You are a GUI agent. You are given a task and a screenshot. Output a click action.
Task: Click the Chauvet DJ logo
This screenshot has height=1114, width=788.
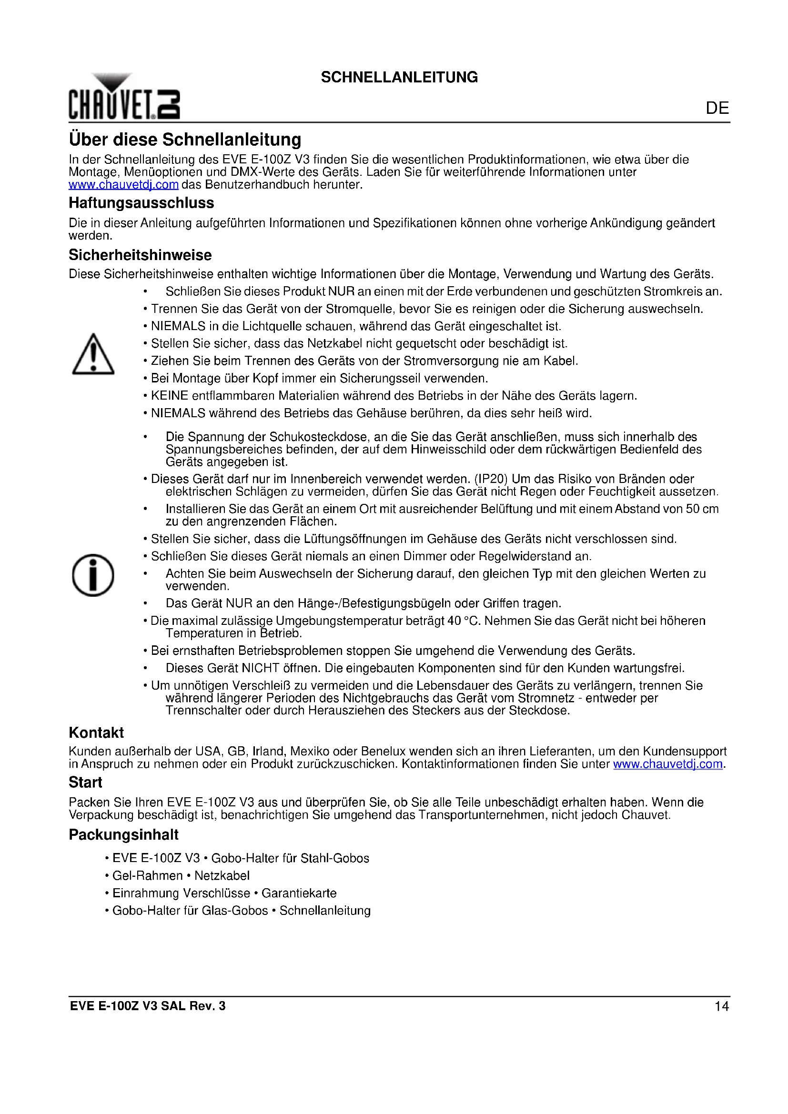click(124, 97)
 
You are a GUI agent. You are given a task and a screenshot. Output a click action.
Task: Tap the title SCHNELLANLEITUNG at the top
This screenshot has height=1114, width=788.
click(399, 77)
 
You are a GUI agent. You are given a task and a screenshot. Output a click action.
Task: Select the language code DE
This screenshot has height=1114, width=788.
click(717, 108)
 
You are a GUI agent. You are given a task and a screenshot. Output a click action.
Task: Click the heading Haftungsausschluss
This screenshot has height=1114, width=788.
click(141, 203)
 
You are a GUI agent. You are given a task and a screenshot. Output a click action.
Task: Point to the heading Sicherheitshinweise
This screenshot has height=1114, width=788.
click(140, 255)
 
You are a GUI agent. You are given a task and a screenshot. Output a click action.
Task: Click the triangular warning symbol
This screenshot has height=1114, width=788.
click(93, 355)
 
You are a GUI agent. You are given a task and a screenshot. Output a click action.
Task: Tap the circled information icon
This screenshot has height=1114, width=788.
click(93, 575)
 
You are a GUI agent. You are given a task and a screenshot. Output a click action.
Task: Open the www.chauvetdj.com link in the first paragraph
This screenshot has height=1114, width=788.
click(123, 185)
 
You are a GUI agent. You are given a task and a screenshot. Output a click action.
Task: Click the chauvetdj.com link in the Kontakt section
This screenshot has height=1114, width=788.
click(667, 764)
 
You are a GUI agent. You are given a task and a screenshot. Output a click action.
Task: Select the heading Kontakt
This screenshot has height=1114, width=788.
click(96, 733)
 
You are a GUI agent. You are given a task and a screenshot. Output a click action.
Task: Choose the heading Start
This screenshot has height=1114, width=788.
click(85, 782)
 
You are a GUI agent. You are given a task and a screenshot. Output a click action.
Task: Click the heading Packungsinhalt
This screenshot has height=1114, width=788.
click(123, 834)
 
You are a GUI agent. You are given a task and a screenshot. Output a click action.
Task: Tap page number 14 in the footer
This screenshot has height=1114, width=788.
click(721, 1006)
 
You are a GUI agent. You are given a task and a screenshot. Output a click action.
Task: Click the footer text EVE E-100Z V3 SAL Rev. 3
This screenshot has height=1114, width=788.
click(148, 1006)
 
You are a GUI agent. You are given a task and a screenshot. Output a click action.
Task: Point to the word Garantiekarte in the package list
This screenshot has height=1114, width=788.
click(299, 893)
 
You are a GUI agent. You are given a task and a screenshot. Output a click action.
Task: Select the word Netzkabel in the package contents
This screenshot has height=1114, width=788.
click(222, 876)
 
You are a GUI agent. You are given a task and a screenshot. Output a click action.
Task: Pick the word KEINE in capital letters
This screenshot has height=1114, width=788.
click(169, 396)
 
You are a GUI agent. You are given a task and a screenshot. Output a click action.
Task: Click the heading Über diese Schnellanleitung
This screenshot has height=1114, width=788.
click(185, 140)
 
